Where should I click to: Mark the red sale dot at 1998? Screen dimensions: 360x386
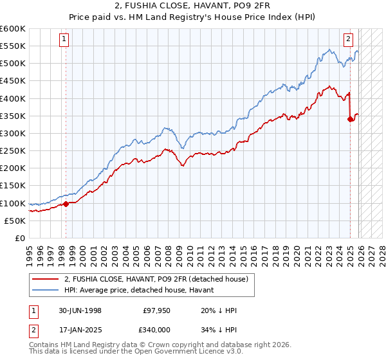pos(66,204)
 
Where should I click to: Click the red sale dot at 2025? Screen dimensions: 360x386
pos(350,119)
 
